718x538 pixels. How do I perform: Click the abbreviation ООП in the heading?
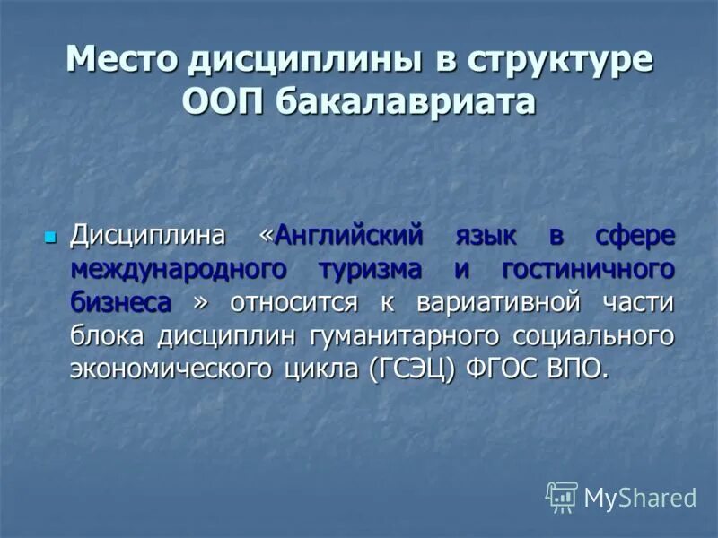[223, 101]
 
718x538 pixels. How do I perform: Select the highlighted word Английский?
[348, 236]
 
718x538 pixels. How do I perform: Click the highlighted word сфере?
[634, 236]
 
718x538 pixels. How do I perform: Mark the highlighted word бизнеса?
[121, 302]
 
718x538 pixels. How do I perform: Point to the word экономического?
[172, 369]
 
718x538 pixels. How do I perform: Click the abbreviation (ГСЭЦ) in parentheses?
[413, 369]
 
